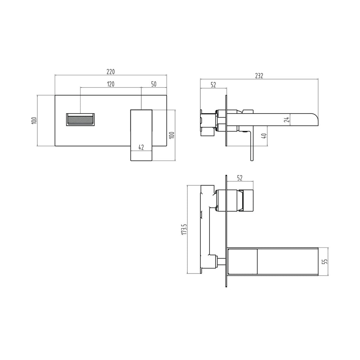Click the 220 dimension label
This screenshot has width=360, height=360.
(x=111, y=72)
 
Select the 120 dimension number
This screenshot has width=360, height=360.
(x=111, y=84)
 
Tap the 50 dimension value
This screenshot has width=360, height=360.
(x=154, y=84)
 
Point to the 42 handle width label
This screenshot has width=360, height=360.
(x=141, y=148)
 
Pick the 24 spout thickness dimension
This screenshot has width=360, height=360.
(x=287, y=120)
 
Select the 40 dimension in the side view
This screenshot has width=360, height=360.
(x=264, y=136)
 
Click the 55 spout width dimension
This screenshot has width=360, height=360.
(x=325, y=261)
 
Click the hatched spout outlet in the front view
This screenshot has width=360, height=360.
(x=81, y=120)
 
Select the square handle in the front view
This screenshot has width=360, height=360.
(x=141, y=135)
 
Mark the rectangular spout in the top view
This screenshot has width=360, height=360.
(x=272, y=261)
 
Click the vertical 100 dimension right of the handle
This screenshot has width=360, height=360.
(x=172, y=135)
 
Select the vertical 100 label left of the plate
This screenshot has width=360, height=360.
(x=34, y=120)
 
